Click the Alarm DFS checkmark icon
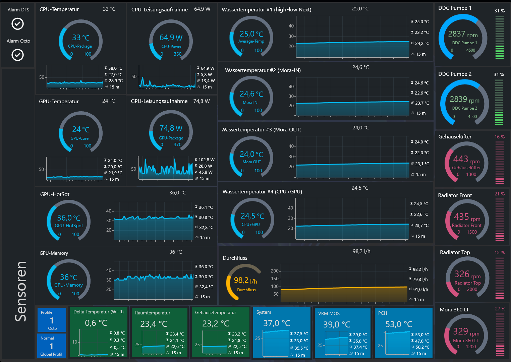[17, 24]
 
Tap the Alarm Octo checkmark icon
[17, 55]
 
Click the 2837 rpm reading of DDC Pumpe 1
[463, 34]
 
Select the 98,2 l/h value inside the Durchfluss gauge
[245, 280]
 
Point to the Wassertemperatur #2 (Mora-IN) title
[263, 70]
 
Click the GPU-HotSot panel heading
[55, 194]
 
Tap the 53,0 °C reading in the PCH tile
[399, 324]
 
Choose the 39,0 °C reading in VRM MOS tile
[337, 324]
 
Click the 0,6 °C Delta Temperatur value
[96, 323]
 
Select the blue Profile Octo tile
[52, 320]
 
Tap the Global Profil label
[51, 354]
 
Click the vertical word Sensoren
[20, 291]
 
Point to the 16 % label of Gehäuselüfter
[500, 137]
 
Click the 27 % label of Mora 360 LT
[500, 309]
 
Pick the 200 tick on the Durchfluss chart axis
[275, 271]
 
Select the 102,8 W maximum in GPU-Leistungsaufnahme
[207, 160]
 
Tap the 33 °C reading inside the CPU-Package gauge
[81, 38]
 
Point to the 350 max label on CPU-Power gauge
[177, 54]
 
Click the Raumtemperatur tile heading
[153, 313]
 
